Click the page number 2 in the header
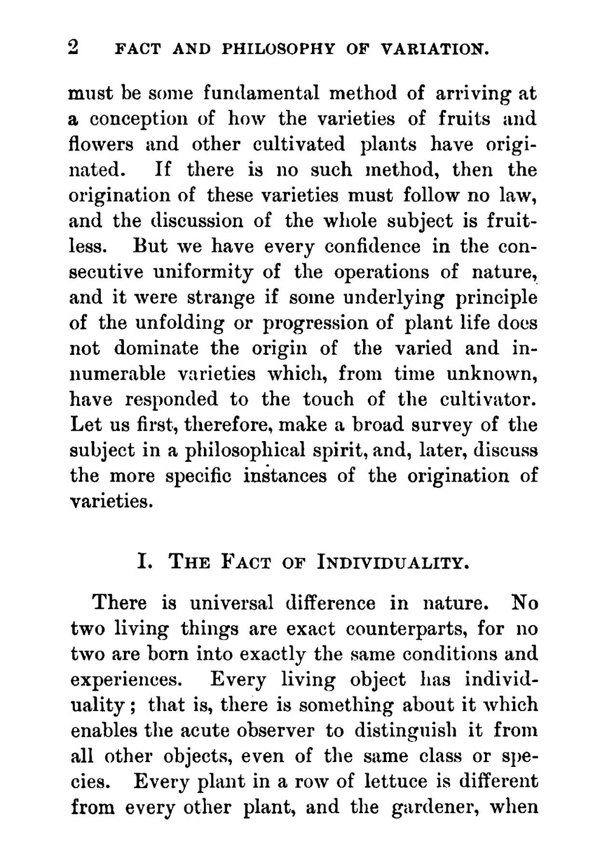(74, 47)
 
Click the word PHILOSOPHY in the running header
(278, 49)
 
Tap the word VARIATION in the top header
(435, 49)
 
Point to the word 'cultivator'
(487, 400)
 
